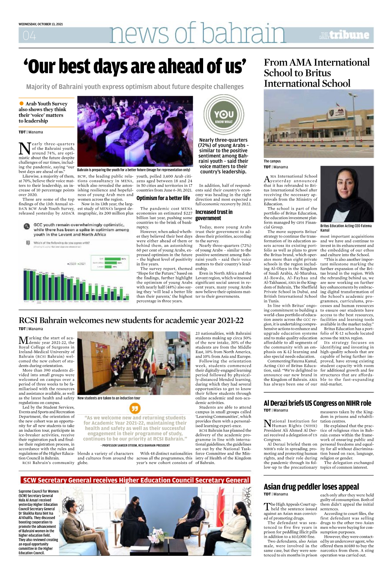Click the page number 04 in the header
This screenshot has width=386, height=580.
(29, 35)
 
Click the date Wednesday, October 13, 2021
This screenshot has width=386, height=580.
(41, 24)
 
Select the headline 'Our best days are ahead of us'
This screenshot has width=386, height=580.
(135, 67)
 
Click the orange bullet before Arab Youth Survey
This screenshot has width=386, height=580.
(22, 103)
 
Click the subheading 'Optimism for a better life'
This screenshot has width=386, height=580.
(163, 198)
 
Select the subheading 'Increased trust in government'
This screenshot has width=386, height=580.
(214, 215)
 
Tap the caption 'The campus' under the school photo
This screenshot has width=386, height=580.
(272, 161)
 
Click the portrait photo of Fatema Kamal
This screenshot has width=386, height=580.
(347, 194)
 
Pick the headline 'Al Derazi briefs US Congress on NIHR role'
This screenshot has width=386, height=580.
(317, 403)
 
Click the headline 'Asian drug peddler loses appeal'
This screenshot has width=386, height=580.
(311, 487)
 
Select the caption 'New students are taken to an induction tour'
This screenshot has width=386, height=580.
(109, 398)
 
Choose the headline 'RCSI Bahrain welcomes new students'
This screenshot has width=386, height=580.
(131, 320)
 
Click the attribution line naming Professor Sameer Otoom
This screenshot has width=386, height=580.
(135, 445)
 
